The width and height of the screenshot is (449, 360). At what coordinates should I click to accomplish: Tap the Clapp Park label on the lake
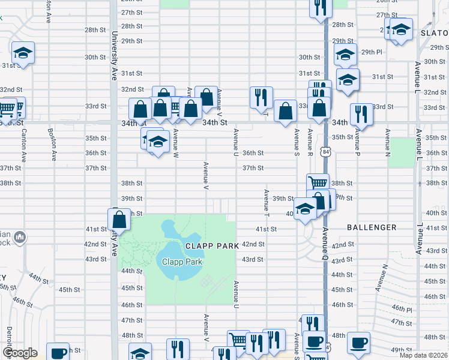coord(182,262)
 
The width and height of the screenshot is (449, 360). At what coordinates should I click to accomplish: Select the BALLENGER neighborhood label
coord(372,227)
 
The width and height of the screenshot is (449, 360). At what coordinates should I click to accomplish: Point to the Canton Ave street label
coord(24,146)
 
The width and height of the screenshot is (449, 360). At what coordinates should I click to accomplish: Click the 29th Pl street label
coord(372,52)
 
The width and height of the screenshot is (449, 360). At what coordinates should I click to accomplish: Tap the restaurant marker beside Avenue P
coord(361,113)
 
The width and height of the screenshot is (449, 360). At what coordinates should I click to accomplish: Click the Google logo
coord(20,353)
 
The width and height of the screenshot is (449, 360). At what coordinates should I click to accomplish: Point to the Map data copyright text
coord(424,355)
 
